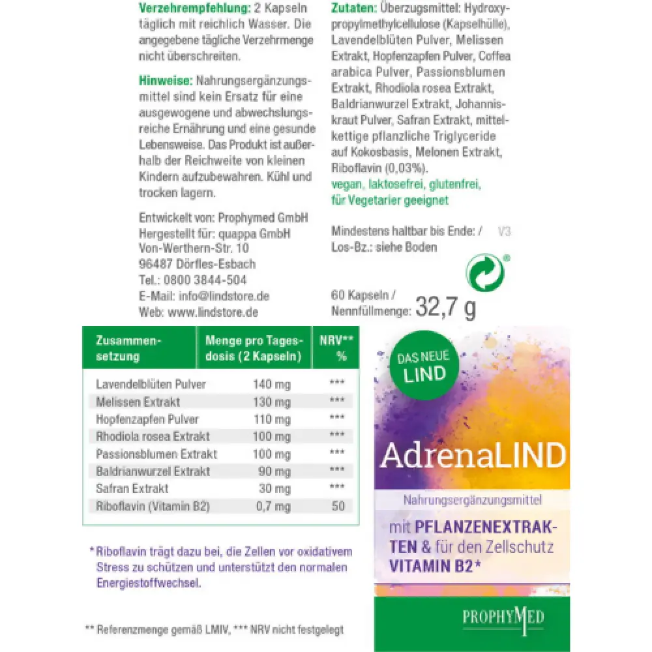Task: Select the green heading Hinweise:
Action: click(165, 81)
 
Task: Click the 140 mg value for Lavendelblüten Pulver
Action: click(271, 384)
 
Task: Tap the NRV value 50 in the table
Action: click(338, 505)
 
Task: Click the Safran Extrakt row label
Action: click(132, 488)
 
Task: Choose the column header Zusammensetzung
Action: click(128, 348)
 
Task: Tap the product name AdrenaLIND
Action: click(473, 457)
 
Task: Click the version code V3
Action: click(504, 231)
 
